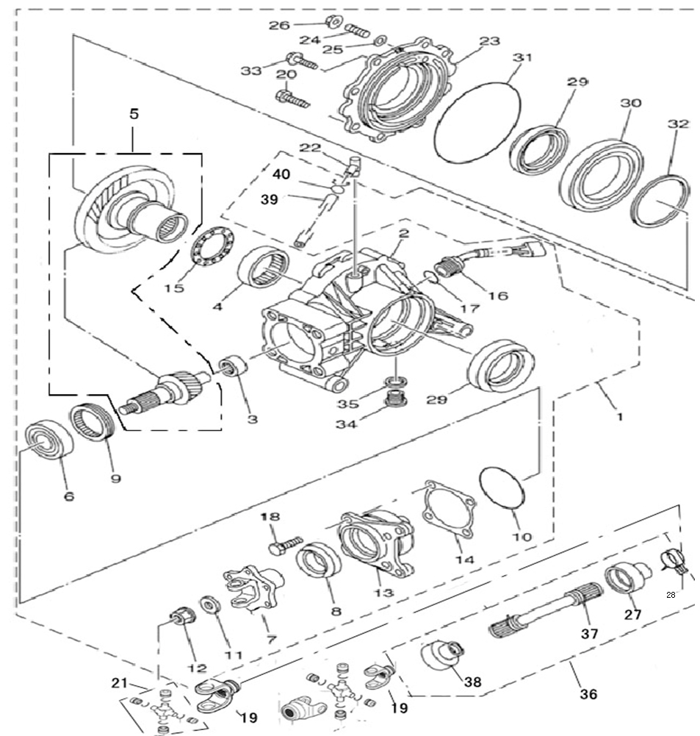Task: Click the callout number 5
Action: point(134,114)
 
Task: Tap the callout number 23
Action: point(489,41)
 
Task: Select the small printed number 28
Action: point(671,595)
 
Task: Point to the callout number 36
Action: point(588,694)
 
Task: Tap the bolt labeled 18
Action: point(284,545)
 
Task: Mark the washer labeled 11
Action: point(210,604)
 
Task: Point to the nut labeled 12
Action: point(181,616)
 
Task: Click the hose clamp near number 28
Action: point(674,560)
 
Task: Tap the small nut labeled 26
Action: point(333,21)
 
